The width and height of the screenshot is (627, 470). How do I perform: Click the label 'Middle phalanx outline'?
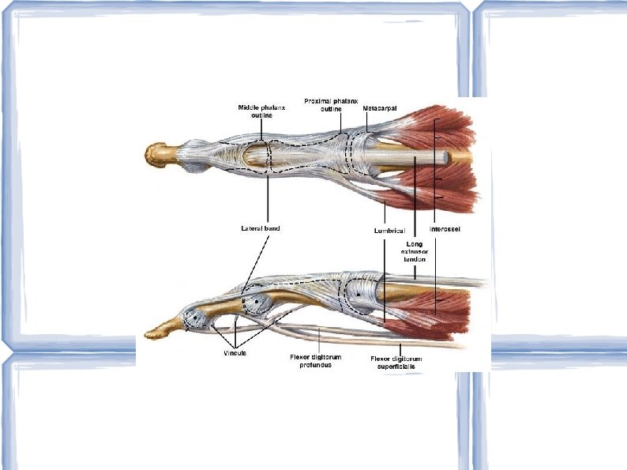[x=257, y=111]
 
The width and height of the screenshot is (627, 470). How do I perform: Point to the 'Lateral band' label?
[x=261, y=228]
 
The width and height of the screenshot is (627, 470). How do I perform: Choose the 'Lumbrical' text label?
[x=389, y=230]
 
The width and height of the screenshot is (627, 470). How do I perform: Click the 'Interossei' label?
[x=445, y=229]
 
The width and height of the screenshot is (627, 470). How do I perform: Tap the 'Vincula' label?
[x=235, y=354]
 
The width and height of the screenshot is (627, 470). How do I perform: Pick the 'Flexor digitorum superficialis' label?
[x=396, y=363]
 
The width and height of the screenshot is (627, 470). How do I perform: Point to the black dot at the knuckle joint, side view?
[x=357, y=292]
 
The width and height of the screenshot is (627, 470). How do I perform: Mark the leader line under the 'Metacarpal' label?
[x=366, y=122]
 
